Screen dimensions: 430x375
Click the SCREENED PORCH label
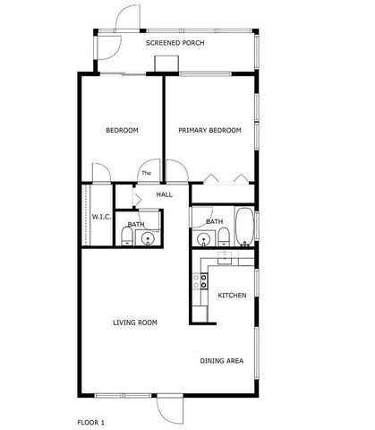tap(175, 42)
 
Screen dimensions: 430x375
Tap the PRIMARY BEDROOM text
tap(209, 131)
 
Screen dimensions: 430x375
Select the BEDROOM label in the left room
tap(122, 131)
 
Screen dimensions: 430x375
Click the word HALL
tap(165, 193)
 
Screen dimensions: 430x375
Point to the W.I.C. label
tap(100, 217)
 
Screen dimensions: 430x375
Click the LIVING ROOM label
tap(135, 322)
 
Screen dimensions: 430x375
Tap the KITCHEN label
tap(232, 295)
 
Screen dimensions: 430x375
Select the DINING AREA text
tap(222, 361)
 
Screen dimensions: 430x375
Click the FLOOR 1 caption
tap(91, 421)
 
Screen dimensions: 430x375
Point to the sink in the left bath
tap(149, 238)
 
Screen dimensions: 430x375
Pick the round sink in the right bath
tap(204, 239)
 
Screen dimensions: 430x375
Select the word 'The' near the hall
tap(146, 173)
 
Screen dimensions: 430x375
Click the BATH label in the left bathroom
tap(136, 224)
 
